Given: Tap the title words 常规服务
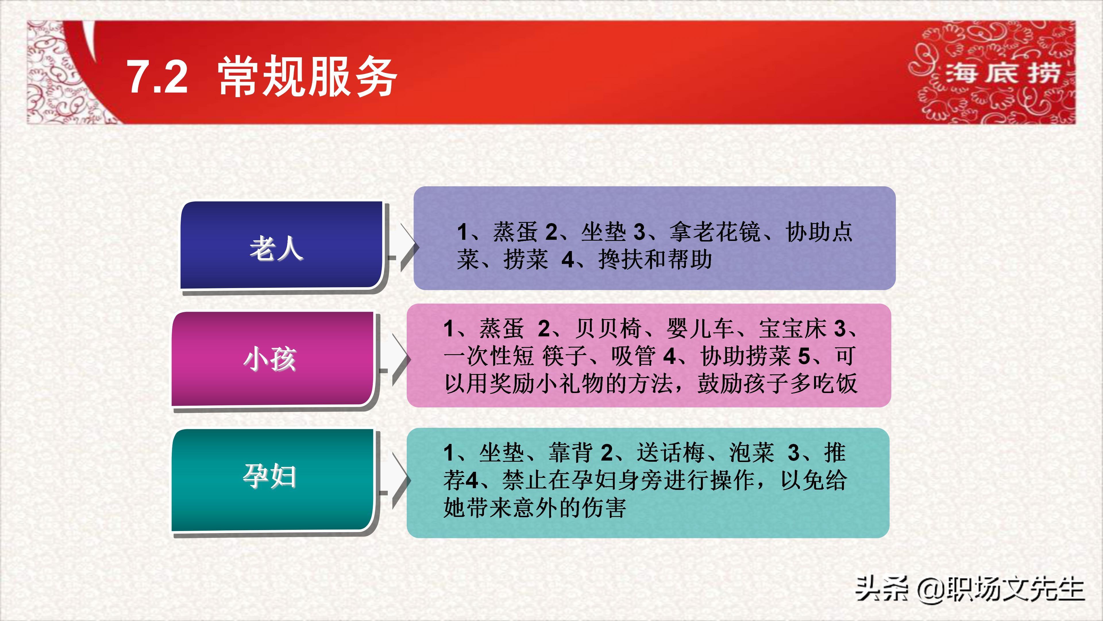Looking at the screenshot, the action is point(307,77).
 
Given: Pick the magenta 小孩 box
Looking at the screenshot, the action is point(273,359).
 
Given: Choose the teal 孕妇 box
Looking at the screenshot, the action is point(273,480).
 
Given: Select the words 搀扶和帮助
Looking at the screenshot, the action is point(655,260).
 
